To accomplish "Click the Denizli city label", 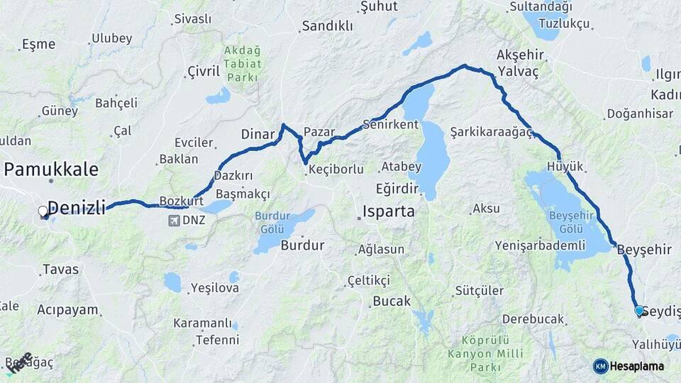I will (76, 208).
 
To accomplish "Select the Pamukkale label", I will (51, 169).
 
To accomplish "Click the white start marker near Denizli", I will (43, 211).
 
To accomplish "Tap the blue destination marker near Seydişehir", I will (638, 311).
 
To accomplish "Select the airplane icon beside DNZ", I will (174, 221).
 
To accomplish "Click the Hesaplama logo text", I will (636, 366).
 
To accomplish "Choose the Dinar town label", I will (258, 133).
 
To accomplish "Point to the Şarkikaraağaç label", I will (491, 132).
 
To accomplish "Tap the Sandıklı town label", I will (327, 26).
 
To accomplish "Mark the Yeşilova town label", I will (217, 289).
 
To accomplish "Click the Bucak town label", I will (392, 301).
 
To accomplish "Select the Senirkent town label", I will (390, 124).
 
